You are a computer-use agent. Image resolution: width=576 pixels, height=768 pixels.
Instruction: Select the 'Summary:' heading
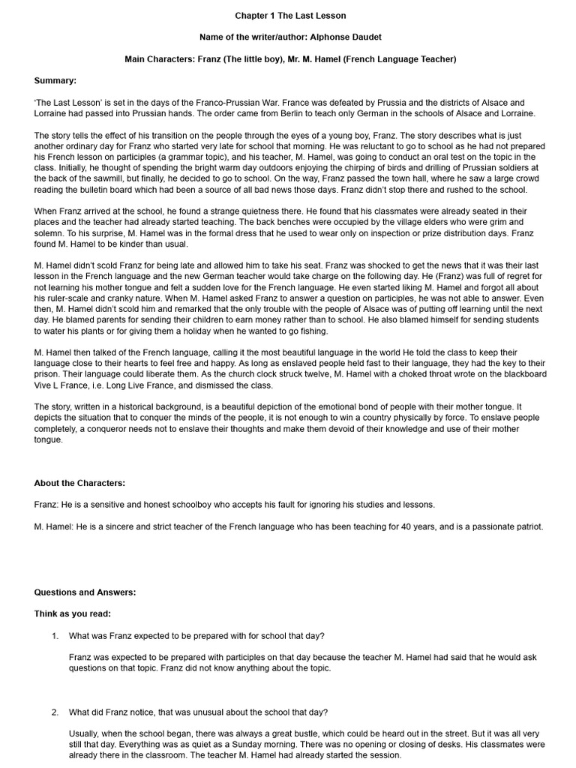(x=55, y=80)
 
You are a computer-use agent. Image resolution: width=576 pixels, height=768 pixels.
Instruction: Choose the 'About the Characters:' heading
(x=79, y=482)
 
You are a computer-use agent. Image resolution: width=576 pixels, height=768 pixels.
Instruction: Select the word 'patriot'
(x=525, y=526)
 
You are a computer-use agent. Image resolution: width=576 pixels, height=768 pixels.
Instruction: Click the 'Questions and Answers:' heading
(x=85, y=592)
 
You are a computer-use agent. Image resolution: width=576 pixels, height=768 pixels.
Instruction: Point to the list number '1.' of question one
(x=55, y=636)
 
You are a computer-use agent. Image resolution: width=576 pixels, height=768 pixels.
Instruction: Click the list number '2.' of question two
(x=55, y=712)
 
